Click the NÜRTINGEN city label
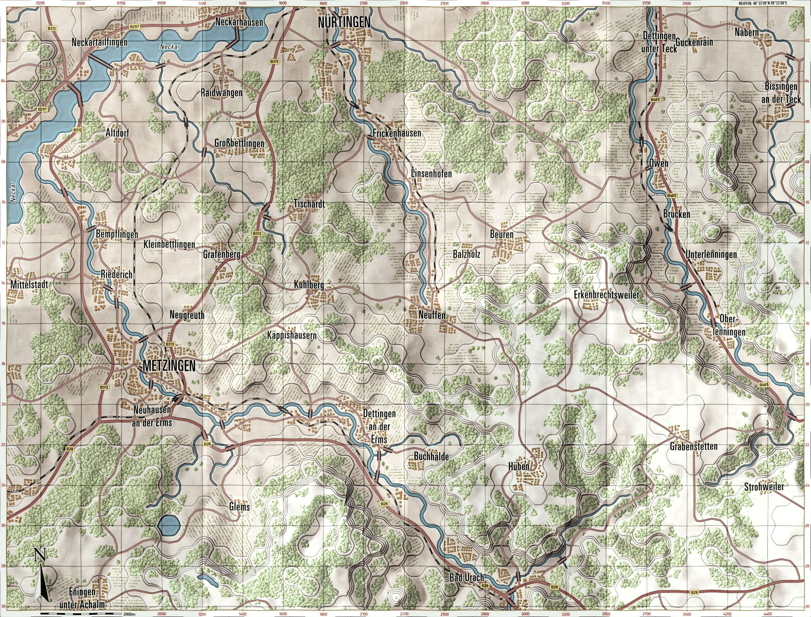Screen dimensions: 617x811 (x=344, y=22)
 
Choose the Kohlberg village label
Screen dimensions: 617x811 (x=308, y=285)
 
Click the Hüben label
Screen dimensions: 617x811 (x=518, y=467)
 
